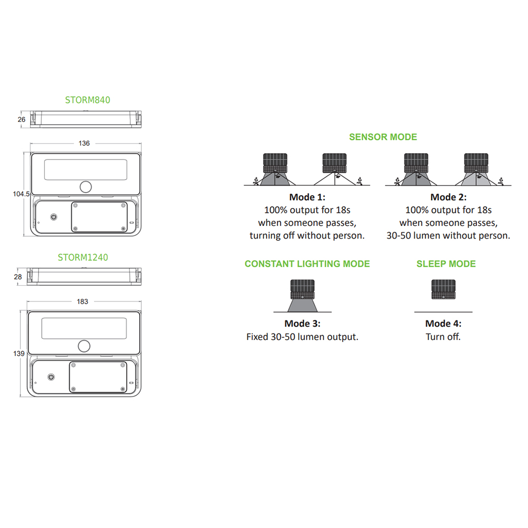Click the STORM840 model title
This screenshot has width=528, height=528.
click(x=88, y=100)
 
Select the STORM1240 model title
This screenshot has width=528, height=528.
click(x=83, y=258)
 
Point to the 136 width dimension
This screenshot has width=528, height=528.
click(x=84, y=144)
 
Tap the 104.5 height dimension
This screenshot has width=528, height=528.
click(x=21, y=194)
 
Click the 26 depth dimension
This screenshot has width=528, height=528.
click(x=22, y=119)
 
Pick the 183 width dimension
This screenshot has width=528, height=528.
click(x=82, y=301)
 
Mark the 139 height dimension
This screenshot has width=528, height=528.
click(x=19, y=354)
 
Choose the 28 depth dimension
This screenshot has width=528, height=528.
click(x=18, y=277)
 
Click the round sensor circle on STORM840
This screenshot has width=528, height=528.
click(x=86, y=187)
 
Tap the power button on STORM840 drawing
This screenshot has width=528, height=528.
click(x=53, y=217)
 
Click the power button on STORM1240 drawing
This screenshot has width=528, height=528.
click(x=51, y=377)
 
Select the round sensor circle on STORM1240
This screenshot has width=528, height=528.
click(x=84, y=346)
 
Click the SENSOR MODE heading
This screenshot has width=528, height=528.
click(x=383, y=137)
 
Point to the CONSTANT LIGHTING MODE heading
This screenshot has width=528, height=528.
click(x=307, y=264)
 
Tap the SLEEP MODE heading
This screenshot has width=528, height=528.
click(x=446, y=264)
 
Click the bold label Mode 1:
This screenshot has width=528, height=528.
click(x=307, y=197)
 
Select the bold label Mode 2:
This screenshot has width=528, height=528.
click(x=448, y=197)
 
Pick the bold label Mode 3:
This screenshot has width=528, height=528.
click(x=303, y=324)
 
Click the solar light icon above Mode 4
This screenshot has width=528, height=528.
click(x=444, y=289)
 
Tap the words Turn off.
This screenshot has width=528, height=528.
click(x=443, y=337)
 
